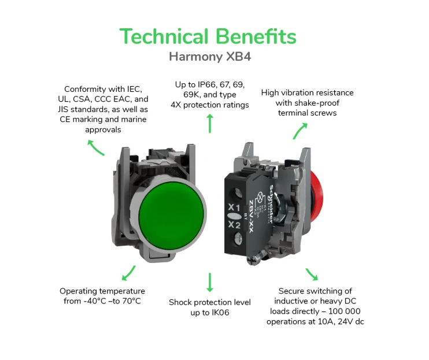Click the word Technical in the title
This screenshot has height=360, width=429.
pos(164,36)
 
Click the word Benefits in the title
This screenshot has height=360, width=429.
pos(256,36)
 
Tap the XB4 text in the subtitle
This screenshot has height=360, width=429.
pos(239,57)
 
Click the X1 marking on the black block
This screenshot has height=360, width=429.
pos(234,207)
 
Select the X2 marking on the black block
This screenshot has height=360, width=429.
pos(235,225)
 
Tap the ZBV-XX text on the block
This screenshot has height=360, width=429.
pos(251,217)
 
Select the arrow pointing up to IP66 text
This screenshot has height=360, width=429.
pos(210,124)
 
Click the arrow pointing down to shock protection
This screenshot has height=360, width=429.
pos(210,282)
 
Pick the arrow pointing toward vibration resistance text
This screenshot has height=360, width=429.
pos(299,131)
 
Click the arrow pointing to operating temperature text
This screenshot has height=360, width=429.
pos(128,273)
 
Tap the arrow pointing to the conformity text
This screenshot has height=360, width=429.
pos(96,147)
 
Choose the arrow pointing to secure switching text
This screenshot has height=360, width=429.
pos(312,274)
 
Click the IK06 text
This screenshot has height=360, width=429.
pos(220,313)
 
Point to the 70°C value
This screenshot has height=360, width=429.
pos(131,301)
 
